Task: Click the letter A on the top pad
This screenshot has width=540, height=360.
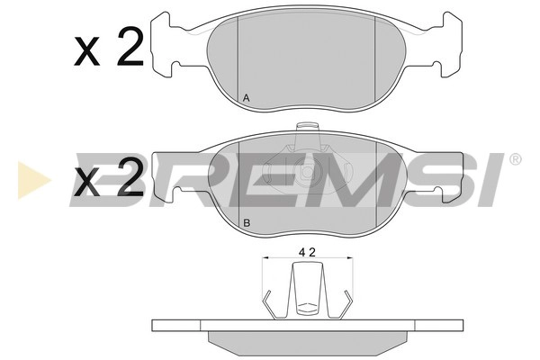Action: tap(246, 98)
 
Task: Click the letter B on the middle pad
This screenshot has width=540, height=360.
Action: tap(247, 222)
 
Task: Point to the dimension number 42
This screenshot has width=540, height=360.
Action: tap(307, 253)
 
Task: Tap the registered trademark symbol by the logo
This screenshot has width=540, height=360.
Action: tap(515, 159)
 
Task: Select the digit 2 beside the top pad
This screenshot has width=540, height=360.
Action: tap(130, 47)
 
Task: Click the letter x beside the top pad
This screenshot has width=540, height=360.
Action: tap(86, 52)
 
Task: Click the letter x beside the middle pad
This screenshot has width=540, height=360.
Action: tap(86, 183)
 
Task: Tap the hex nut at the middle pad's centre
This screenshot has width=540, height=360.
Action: tap(306, 171)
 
